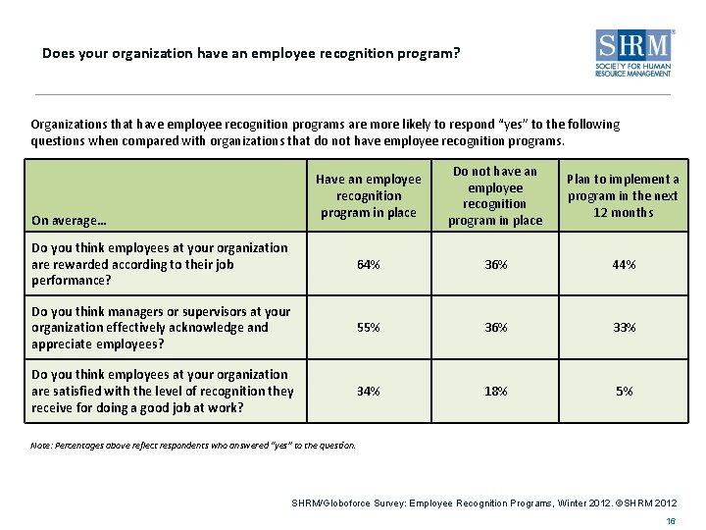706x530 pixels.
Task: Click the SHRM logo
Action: click(x=634, y=55)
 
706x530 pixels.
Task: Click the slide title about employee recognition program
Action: click(x=250, y=53)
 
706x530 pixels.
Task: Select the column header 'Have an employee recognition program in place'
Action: click(x=368, y=195)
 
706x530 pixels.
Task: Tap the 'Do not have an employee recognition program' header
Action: click(x=495, y=195)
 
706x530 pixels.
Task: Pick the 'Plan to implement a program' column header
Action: click(x=623, y=195)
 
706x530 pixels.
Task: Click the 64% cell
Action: click(x=368, y=265)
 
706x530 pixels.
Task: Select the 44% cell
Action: click(x=624, y=265)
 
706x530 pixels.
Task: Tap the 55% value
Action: click(x=368, y=328)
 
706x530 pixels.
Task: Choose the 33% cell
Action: click(x=624, y=328)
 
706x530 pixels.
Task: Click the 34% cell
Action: click(x=368, y=391)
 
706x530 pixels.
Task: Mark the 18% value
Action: click(x=495, y=391)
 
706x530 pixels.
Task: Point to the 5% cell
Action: click(x=624, y=391)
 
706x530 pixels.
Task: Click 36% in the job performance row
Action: click(x=495, y=265)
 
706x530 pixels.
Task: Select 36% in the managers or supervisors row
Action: click(x=495, y=328)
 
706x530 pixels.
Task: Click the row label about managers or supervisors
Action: click(x=161, y=328)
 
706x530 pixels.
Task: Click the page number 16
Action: click(x=671, y=521)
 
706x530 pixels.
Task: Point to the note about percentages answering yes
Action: click(x=193, y=446)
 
